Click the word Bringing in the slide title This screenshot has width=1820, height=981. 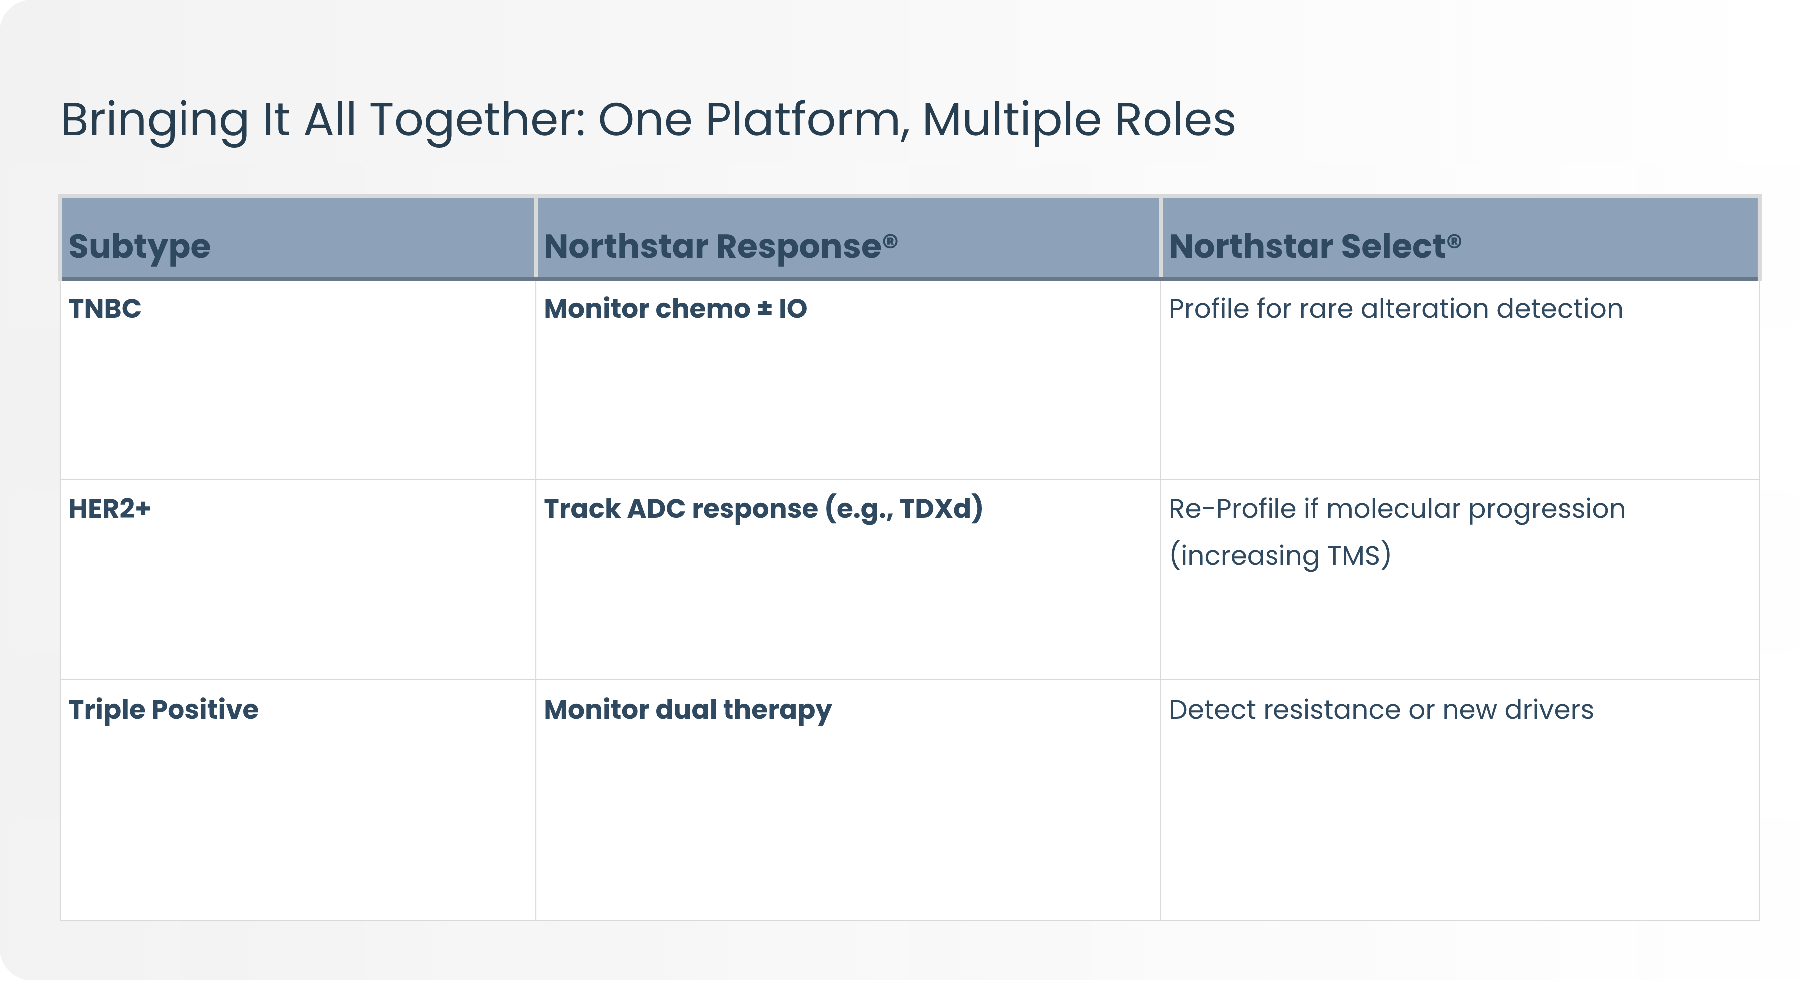point(155,120)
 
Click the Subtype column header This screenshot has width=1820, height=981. point(139,246)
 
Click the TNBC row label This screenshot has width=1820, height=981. point(105,309)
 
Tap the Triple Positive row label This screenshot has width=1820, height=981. point(163,709)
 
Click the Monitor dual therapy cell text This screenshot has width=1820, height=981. point(688,710)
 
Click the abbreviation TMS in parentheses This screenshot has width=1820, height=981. point(1353,556)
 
